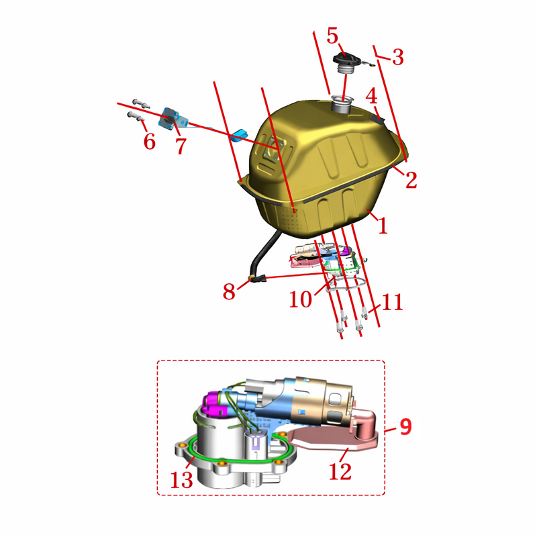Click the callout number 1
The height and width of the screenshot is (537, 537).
[x=382, y=226]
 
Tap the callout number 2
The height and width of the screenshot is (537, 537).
[x=411, y=179]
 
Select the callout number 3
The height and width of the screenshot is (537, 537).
[x=398, y=57]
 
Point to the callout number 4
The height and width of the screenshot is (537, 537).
[x=371, y=96]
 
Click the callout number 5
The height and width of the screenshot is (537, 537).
[x=332, y=36]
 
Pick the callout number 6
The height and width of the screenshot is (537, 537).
[x=149, y=142]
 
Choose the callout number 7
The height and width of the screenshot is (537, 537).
[x=181, y=146]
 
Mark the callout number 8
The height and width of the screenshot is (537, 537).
[x=229, y=292]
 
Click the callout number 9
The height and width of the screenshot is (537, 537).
[x=405, y=427]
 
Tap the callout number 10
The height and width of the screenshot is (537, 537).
[x=301, y=299]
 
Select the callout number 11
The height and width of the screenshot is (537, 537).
[x=392, y=302]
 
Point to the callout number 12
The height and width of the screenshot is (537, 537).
[x=340, y=472]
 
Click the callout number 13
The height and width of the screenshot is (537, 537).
[x=181, y=480]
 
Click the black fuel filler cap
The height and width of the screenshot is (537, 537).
[x=346, y=60]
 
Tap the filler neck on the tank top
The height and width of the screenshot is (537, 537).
[x=341, y=105]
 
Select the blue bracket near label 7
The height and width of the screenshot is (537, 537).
[x=170, y=119]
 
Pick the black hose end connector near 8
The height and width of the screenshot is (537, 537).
[x=258, y=279]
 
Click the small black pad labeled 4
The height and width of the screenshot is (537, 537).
[x=378, y=118]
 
